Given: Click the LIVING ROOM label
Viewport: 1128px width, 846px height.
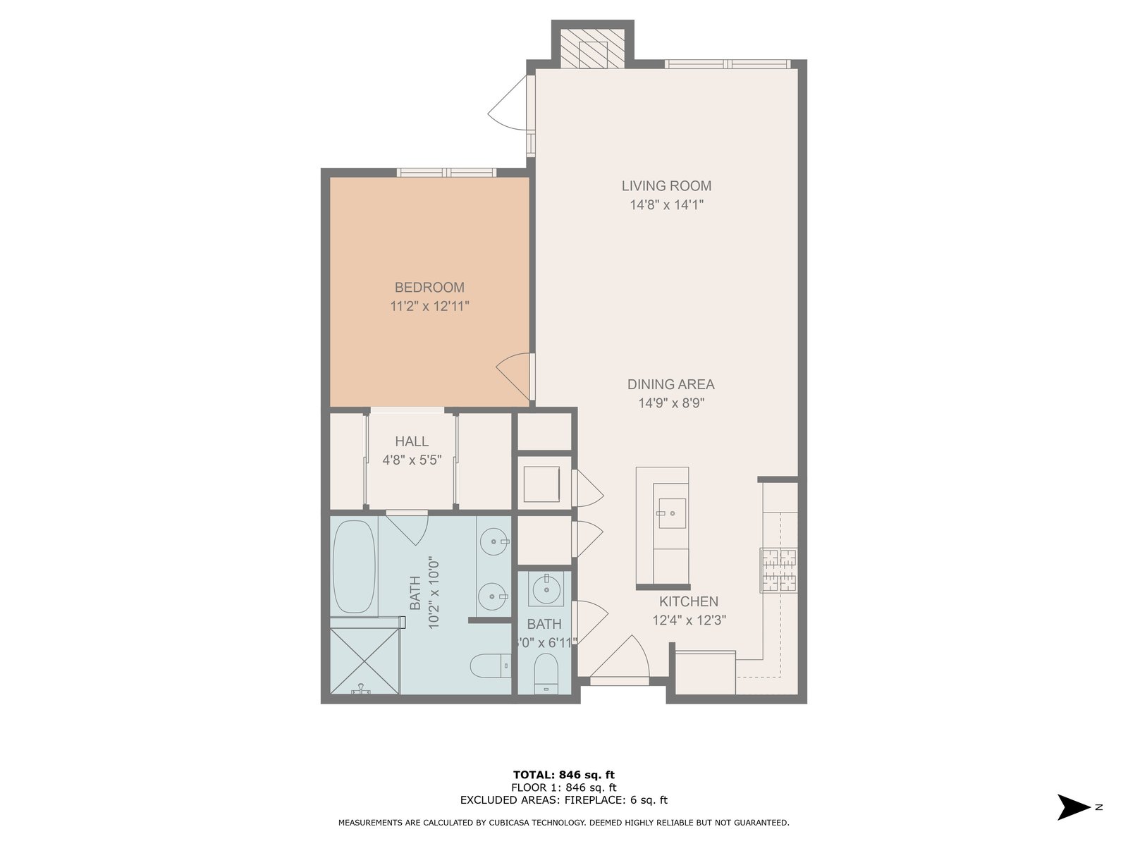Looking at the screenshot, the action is click(666, 185).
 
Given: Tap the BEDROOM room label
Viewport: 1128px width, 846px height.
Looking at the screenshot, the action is click(429, 287).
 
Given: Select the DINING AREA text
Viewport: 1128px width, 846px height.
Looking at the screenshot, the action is click(670, 384).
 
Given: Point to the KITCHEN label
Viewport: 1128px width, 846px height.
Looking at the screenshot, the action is click(689, 601).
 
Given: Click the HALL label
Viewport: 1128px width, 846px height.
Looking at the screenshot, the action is click(412, 441).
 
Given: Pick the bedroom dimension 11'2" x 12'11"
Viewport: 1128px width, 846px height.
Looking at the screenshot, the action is click(429, 307).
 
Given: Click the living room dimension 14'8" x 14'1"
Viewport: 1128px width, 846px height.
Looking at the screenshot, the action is click(666, 205).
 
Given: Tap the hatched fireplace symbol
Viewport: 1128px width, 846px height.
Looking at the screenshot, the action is click(592, 48).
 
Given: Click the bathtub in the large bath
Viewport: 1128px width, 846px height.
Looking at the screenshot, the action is click(354, 567).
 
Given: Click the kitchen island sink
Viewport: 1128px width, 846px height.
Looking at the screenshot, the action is click(672, 513).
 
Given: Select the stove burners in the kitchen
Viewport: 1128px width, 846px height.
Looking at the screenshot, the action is click(779, 570).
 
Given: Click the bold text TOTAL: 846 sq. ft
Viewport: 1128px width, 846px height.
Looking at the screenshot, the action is click(564, 775).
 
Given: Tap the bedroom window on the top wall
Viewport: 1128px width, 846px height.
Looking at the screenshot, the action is click(446, 173).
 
